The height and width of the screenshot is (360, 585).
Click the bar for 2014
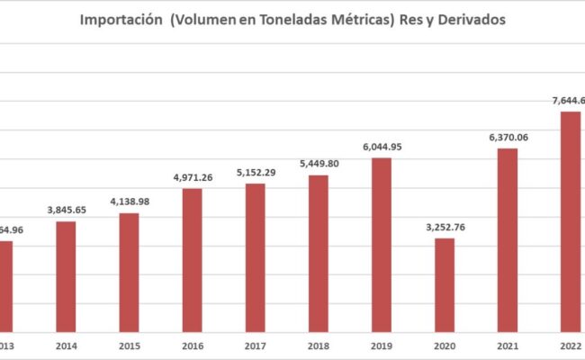pos(66,275)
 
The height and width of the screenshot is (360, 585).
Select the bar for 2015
pos(129,271)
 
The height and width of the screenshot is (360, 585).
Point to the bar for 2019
pos(381,244)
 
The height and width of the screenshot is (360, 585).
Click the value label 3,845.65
pos(66,210)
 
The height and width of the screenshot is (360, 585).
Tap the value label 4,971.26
pos(192,176)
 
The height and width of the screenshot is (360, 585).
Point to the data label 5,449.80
pos(318,164)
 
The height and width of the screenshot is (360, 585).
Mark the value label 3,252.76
pos(444,227)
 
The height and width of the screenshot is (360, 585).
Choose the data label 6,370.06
pos(507,137)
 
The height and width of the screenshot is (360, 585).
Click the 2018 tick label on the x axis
pos(318,345)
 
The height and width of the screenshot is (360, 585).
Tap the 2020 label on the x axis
pos(444,345)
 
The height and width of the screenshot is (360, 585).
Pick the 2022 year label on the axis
pos(569,345)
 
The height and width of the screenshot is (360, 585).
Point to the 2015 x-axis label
pos(129,345)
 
